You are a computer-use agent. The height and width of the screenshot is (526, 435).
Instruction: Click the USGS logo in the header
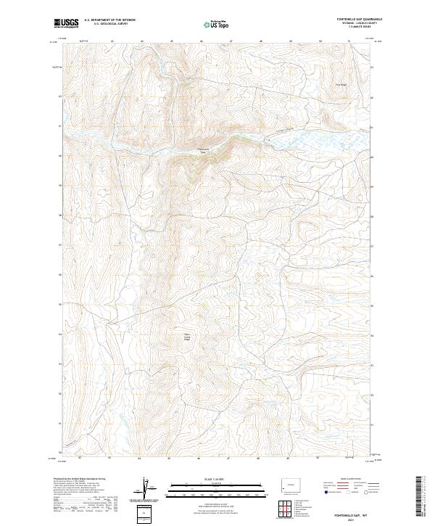coord(67,22)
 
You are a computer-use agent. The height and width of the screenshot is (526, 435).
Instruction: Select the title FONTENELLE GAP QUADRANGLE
coord(355,19)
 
